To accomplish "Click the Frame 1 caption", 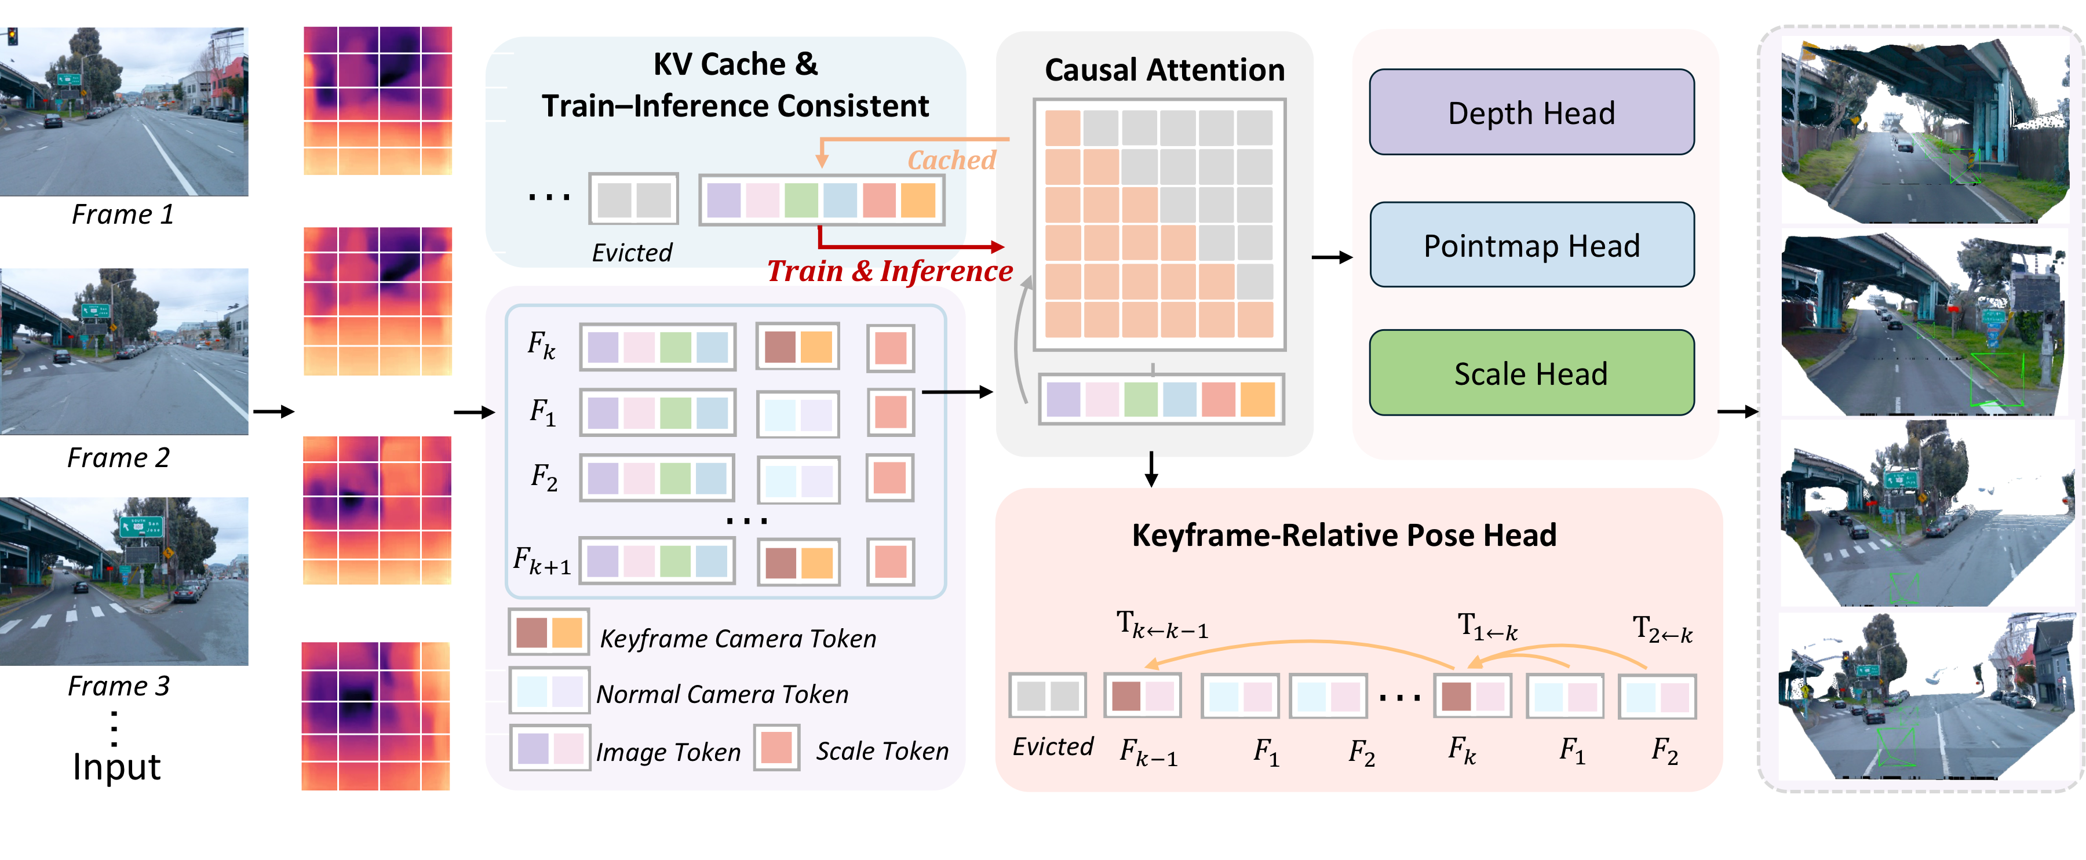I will pos(122,214).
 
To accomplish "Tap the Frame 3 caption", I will pos(118,686).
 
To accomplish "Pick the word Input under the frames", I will pos(116,766).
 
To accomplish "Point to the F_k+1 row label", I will pos(542,560).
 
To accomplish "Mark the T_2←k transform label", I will pos(1662,630).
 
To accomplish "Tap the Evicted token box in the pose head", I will pos(1046,695).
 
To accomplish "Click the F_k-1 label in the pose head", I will pos(1147,752).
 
